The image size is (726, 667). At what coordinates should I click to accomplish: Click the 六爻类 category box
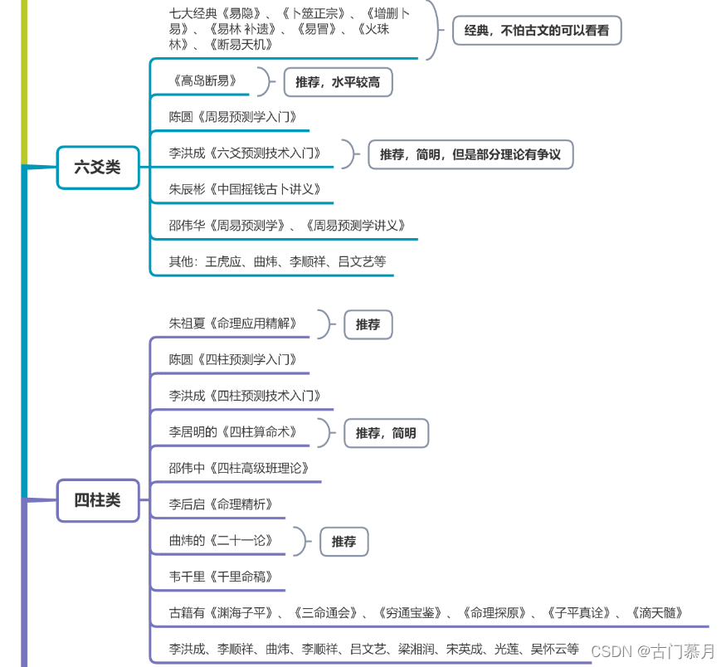coord(98,167)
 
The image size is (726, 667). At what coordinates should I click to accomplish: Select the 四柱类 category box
coord(98,500)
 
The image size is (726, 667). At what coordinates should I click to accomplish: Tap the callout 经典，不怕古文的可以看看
coord(536,31)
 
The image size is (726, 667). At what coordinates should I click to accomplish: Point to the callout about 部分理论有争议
coord(470,154)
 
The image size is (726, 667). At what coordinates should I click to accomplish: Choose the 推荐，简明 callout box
coord(386,433)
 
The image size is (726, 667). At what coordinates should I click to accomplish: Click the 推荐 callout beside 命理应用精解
coord(368,324)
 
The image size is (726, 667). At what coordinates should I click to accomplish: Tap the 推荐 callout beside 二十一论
coord(344,541)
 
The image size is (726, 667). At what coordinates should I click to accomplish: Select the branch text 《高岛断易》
coord(207,80)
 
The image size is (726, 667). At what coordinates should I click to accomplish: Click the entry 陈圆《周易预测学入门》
coord(232,117)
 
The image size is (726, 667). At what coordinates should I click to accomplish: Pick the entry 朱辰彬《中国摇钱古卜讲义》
coord(244,189)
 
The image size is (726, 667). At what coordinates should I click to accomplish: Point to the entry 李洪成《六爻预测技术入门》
coord(244,153)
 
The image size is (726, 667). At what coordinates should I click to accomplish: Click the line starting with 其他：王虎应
coord(277,261)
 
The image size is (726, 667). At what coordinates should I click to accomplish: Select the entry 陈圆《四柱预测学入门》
coord(232,359)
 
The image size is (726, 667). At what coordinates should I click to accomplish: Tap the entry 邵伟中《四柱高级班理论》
coord(238,468)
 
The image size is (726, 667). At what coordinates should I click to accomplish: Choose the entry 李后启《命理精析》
coord(221,504)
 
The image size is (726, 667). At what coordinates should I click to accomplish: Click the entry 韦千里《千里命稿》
coord(221,576)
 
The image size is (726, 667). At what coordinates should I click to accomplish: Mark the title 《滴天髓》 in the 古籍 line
coord(656,613)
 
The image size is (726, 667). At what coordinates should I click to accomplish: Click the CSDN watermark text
coord(652,651)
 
